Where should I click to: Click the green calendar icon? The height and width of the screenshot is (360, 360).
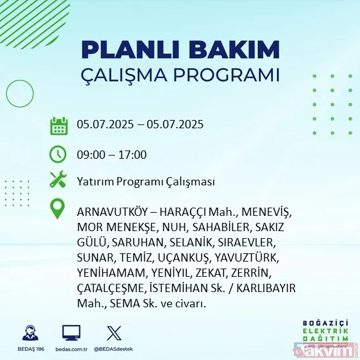58,125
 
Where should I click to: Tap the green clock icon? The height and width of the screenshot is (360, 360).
58,154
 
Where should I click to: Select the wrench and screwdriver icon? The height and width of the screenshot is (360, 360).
58,180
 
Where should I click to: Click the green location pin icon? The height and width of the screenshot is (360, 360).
58,210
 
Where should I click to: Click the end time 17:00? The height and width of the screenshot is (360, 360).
133,154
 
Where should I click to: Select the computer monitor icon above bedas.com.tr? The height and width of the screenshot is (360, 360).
71,332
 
